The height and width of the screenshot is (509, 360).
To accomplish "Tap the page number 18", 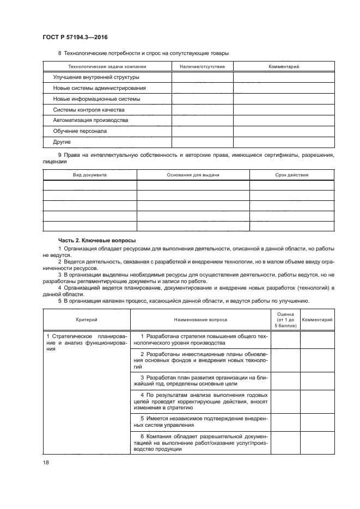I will (45, 462).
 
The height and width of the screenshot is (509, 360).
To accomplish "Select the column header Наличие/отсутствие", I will (202, 66).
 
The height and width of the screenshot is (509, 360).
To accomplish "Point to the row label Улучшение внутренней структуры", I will (96, 77).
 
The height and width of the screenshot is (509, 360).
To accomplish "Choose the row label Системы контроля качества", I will (89, 109).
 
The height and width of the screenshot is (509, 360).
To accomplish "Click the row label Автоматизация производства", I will (90, 120).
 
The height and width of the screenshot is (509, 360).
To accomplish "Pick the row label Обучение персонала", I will (80, 131).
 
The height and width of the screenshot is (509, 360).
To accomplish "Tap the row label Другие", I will (62, 142).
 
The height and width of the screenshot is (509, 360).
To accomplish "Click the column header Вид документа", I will (90, 175).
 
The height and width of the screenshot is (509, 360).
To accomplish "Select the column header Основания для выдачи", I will (193, 175).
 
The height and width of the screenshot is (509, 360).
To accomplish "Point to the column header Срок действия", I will (292, 175).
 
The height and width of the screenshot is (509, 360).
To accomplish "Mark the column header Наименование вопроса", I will (200, 320).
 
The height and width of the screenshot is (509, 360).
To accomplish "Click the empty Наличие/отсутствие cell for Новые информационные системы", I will (202, 99).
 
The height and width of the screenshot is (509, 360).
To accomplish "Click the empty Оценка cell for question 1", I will (285, 340).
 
